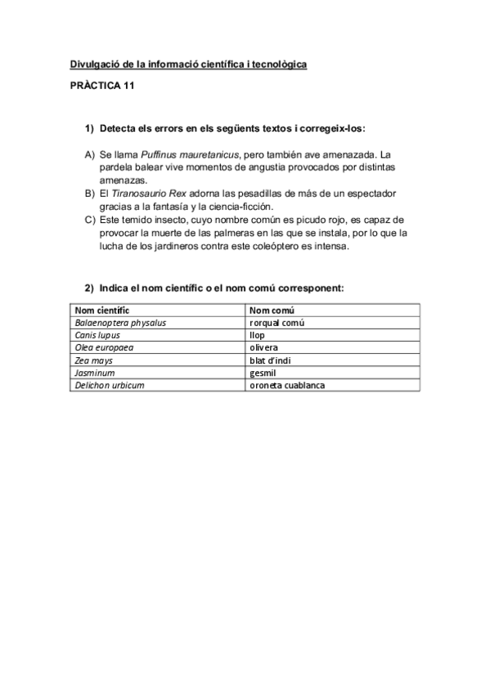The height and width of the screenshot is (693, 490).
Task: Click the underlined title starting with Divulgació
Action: (188, 64)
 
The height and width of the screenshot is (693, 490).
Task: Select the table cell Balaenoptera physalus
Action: (120, 322)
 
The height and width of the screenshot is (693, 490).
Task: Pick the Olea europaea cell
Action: (104, 346)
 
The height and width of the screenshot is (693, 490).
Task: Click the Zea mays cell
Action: (93, 360)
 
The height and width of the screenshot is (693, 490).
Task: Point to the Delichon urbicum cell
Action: (110, 384)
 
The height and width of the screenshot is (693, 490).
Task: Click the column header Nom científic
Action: (102, 310)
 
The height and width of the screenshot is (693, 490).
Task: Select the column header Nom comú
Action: (272, 310)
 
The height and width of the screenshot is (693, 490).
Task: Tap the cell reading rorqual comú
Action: (277, 322)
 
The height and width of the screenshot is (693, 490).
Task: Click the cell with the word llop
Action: (257, 334)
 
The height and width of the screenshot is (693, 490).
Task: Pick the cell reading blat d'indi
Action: (270, 360)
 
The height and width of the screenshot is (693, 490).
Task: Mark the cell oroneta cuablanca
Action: (287, 384)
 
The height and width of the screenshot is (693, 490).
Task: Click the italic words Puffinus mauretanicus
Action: (190, 154)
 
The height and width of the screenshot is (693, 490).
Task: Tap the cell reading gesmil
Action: (262, 372)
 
